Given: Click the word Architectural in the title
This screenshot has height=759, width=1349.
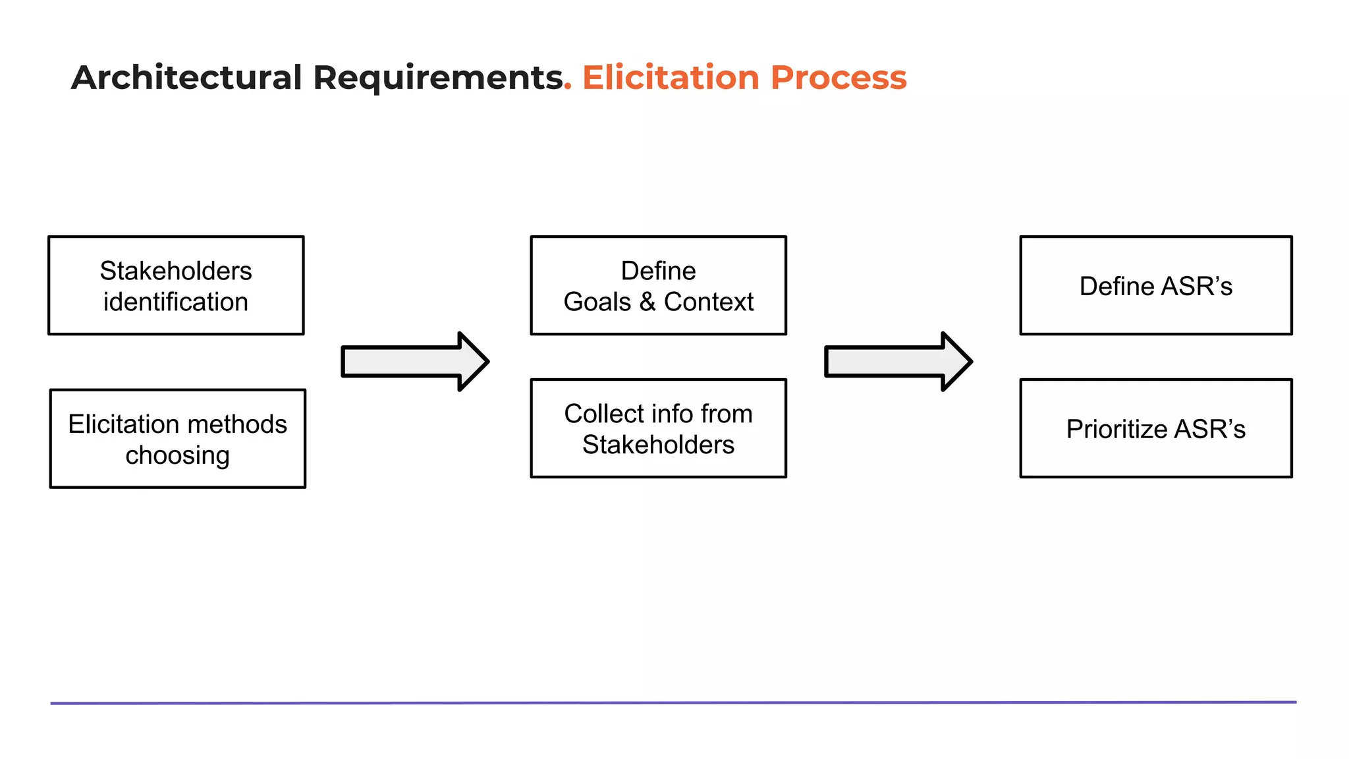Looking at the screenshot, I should [x=186, y=78].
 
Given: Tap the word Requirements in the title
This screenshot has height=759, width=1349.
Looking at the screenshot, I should [x=437, y=78].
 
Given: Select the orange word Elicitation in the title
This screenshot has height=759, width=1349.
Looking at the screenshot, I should [x=671, y=78].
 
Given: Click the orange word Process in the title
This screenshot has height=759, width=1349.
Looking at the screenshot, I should [x=839, y=78].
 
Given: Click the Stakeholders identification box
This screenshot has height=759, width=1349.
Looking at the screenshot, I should [x=176, y=285].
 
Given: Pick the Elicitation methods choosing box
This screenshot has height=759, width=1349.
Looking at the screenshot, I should [x=177, y=438].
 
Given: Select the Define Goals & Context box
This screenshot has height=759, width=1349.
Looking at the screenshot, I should [x=658, y=285].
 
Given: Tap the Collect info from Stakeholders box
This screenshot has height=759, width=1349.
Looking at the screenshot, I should [x=658, y=428].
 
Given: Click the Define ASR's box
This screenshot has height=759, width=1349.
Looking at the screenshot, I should [x=1155, y=285].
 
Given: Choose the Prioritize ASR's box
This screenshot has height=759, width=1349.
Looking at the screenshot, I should [x=1155, y=428].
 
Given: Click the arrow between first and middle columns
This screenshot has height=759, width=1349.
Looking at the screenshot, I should [x=414, y=362].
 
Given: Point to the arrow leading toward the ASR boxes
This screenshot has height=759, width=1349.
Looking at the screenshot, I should [x=898, y=362].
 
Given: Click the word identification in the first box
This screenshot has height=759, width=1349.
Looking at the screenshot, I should [x=176, y=302].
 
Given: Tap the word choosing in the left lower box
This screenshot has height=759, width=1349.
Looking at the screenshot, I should [x=177, y=455].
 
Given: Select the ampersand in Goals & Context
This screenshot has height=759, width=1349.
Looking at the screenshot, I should [x=647, y=302].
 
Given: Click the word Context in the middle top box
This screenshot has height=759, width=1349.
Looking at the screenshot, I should [x=708, y=302].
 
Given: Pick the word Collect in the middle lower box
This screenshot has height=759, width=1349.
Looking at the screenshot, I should [x=603, y=414].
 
